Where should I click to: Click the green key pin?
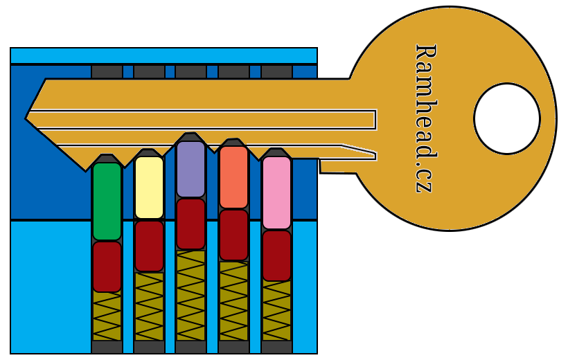(107, 201)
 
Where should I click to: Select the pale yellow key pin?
(149, 187)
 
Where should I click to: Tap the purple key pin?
(190, 169)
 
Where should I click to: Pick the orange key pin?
(233, 177)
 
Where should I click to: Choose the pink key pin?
(276, 192)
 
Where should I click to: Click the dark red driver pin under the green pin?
(107, 267)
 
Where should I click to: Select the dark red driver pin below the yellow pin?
(149, 246)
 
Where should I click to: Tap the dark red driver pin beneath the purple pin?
(190, 224)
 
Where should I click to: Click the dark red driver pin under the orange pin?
(233, 235)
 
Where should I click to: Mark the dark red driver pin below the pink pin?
(276, 255)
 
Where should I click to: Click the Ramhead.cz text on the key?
(425, 118)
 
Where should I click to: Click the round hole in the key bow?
(506, 118)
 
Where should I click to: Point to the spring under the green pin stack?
(107, 315)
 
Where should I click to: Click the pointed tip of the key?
(28, 118)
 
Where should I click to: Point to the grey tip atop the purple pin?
(190, 137)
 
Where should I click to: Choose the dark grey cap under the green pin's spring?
(107, 347)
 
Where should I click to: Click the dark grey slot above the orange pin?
(233, 71)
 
